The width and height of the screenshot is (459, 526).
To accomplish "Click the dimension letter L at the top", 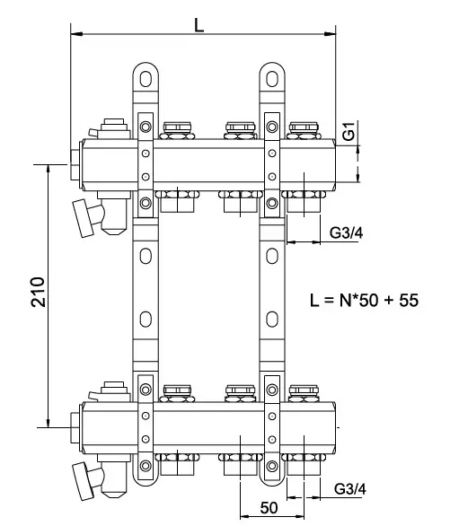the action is click(x=199, y=25).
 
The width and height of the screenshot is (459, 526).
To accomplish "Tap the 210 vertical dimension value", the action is click(x=38, y=292).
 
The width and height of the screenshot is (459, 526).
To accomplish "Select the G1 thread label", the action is click(x=349, y=131).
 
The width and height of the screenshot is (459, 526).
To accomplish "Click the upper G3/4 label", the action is click(x=346, y=232).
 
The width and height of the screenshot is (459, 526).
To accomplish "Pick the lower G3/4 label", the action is click(x=350, y=489).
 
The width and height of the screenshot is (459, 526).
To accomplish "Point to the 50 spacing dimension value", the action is click(x=269, y=507).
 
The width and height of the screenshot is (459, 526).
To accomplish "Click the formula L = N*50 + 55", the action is click(x=365, y=300).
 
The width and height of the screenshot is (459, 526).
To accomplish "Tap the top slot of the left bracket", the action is click(x=146, y=79).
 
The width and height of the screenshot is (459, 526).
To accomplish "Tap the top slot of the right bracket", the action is click(x=272, y=79).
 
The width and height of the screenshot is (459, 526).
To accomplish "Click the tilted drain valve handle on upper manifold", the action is click(x=83, y=218).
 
